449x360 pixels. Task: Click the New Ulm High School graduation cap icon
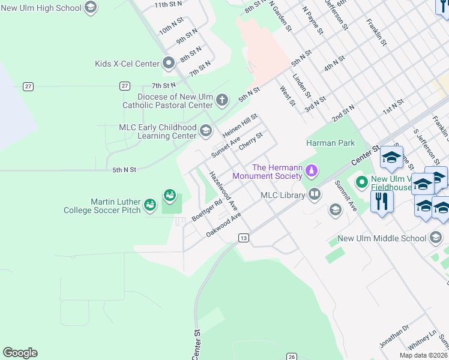(x=91, y=7)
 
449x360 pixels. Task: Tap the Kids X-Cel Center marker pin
(x=169, y=63)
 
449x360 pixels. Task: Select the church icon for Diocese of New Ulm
(x=222, y=100)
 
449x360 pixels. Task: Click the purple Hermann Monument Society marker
(x=311, y=172)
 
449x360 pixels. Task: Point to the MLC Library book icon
(x=314, y=194)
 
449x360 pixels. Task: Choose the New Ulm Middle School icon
(x=436, y=238)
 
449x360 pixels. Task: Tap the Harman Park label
(x=330, y=143)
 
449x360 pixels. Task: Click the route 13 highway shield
(x=243, y=238)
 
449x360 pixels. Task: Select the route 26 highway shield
(x=291, y=356)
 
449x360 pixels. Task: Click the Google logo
(x=20, y=353)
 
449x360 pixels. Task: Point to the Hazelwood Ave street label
(x=222, y=190)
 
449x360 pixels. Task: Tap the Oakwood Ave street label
(x=223, y=224)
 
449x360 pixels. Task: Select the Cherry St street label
(x=250, y=142)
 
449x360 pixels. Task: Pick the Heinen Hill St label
(x=240, y=125)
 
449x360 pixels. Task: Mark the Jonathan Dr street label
(x=394, y=337)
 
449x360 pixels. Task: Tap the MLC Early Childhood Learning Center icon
(x=205, y=131)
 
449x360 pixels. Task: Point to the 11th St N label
(x=169, y=5)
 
